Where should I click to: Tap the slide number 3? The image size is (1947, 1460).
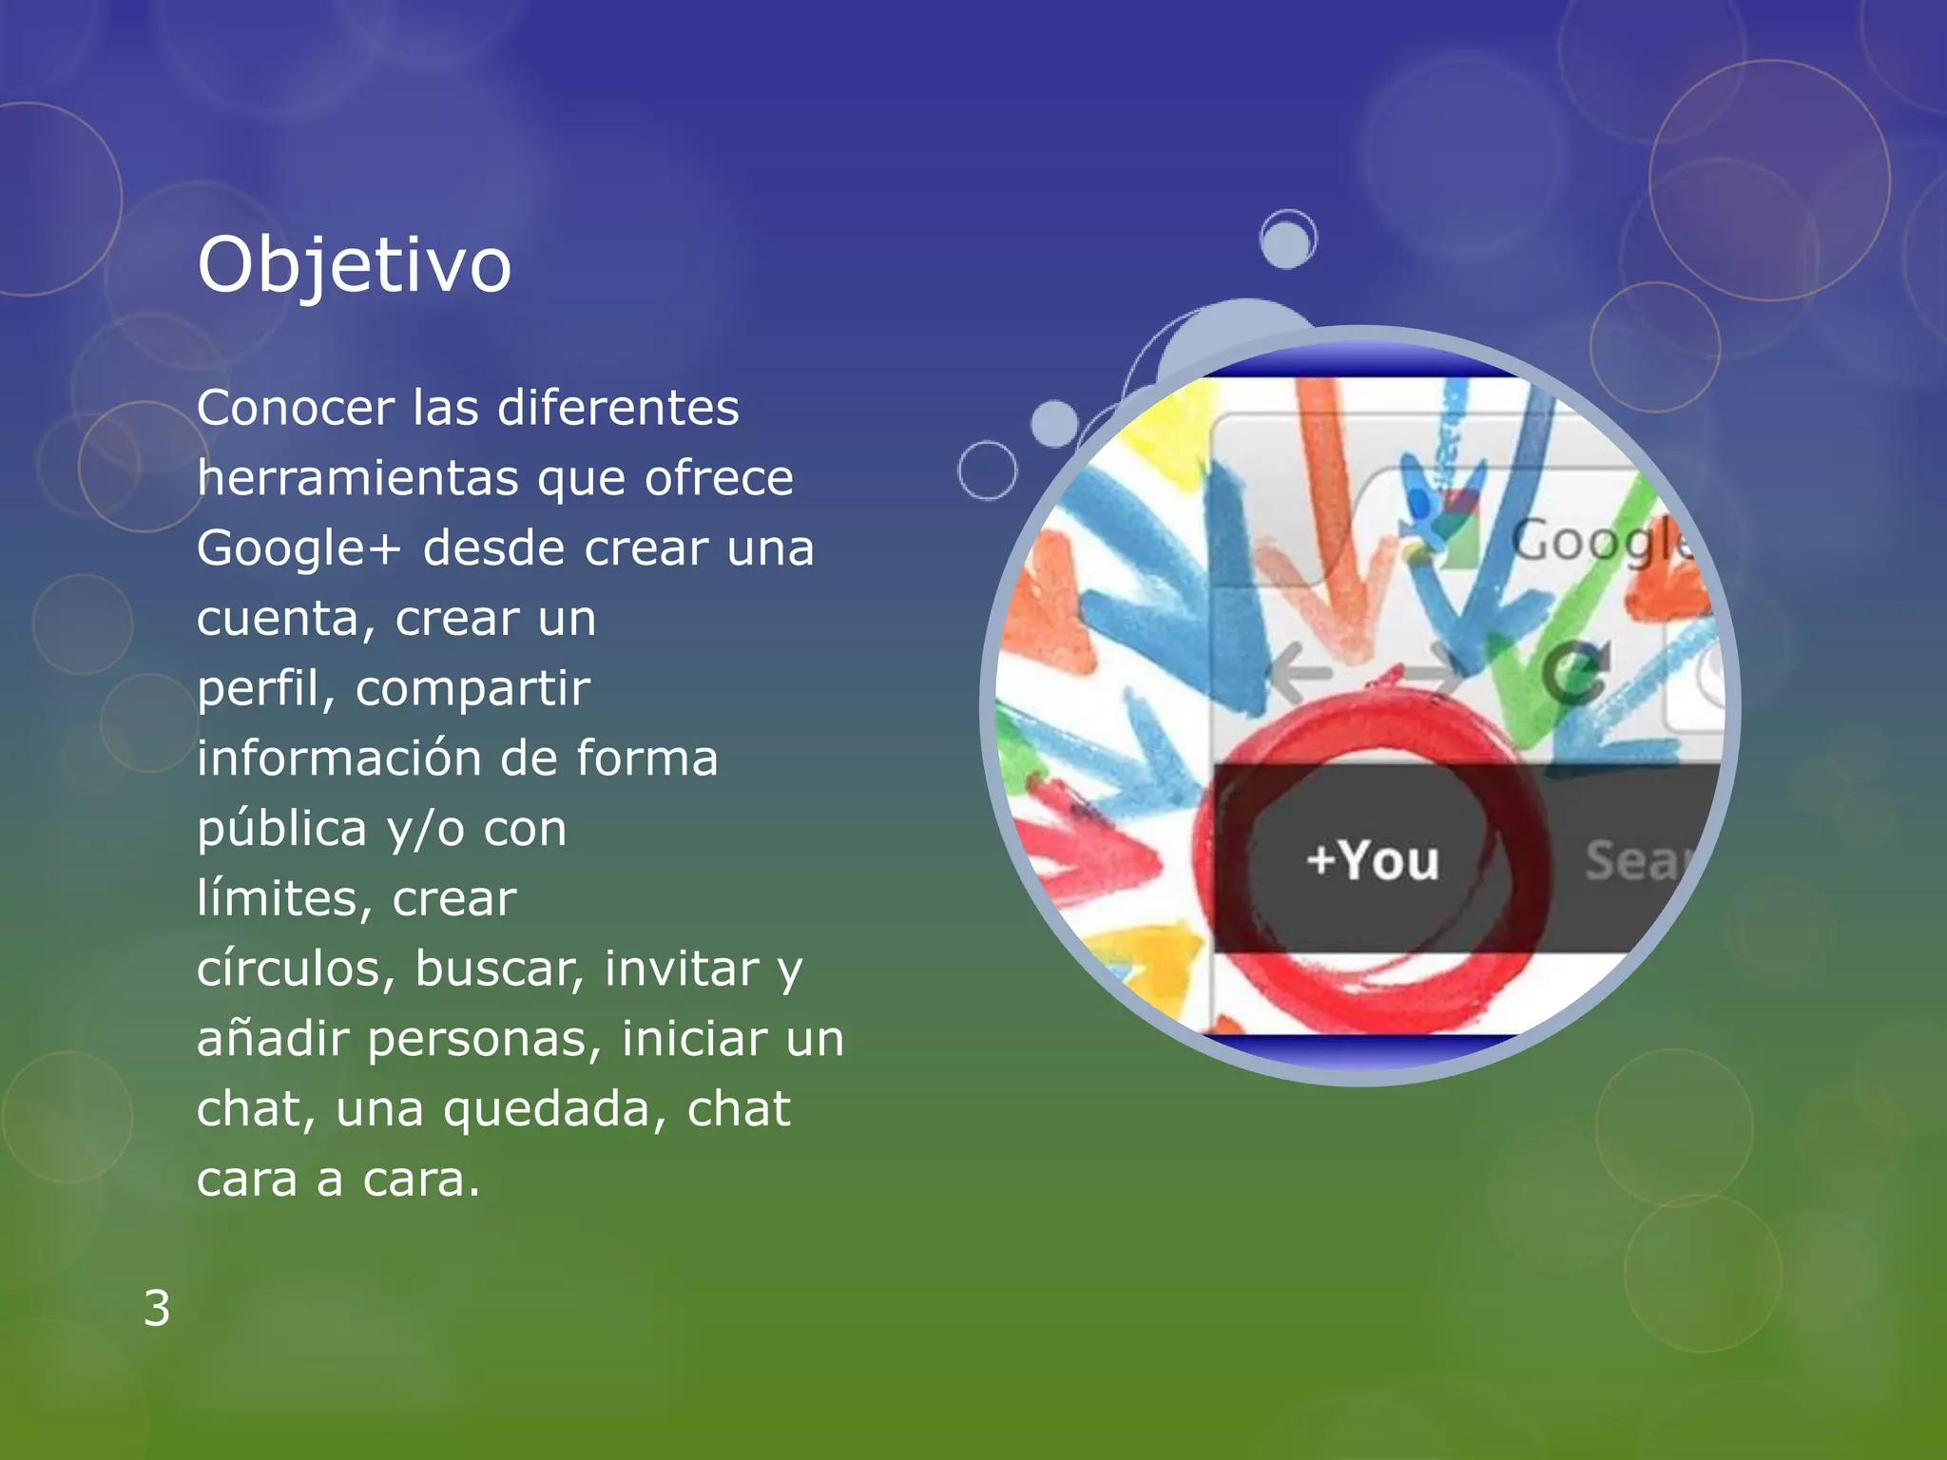(157, 1308)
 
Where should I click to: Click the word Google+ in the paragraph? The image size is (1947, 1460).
(299, 548)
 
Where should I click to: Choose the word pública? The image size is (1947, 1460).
(281, 829)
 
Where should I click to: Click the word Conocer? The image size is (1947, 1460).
(295, 408)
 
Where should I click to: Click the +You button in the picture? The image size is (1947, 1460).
(1373, 860)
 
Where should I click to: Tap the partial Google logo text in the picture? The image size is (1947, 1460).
(1601, 543)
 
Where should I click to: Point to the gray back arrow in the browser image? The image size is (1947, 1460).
(1299, 673)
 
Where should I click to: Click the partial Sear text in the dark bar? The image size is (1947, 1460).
(1633, 861)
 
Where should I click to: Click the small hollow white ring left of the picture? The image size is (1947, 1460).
(987, 470)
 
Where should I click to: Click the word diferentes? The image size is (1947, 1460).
(618, 408)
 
